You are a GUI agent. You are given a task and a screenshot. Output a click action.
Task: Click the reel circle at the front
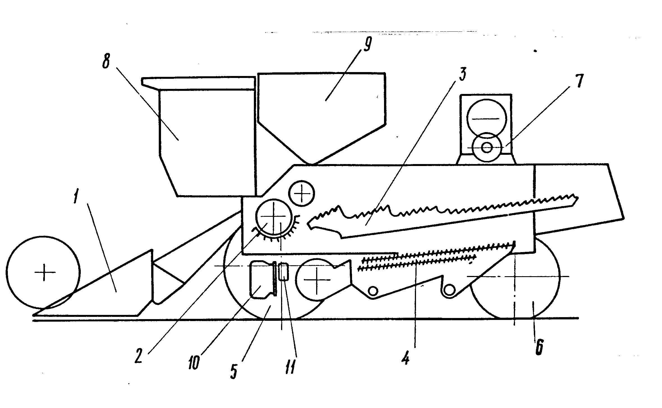pos(43,272)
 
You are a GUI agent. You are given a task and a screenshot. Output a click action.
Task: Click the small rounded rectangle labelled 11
pos(284,271)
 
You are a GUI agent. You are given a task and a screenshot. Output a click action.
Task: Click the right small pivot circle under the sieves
pos(449,290)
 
